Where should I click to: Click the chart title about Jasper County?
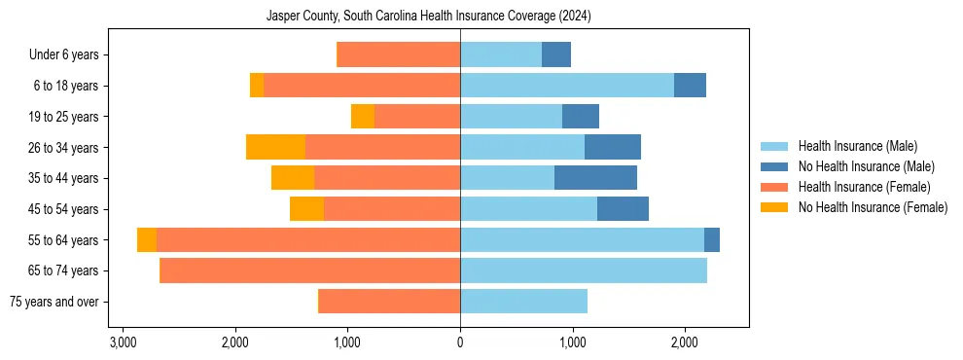point(429,17)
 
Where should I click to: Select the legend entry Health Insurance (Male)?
point(857,146)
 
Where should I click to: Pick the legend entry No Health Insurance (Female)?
point(873,207)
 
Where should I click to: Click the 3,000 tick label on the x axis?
point(123,343)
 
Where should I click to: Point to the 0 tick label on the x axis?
point(460,343)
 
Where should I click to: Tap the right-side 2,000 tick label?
point(685,343)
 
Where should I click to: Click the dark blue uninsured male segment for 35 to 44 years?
point(595,178)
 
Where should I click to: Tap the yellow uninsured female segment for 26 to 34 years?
point(275,147)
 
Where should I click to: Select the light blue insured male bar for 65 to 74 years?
point(584,270)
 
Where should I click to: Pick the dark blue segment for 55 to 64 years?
point(712,240)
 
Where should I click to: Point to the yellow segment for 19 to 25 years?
point(363,117)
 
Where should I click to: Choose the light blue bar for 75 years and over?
point(523,302)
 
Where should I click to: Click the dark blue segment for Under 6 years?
point(556,55)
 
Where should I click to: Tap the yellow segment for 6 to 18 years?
point(257,86)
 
